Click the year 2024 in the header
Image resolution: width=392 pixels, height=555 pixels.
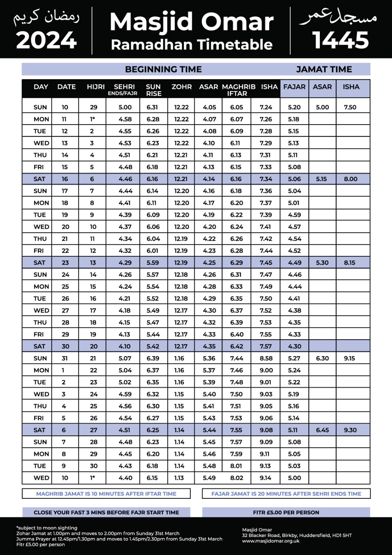(x=46, y=41)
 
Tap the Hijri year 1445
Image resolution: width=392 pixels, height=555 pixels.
(x=341, y=40)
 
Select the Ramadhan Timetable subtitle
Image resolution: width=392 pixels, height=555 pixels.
(x=191, y=45)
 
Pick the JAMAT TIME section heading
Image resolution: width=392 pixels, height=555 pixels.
(x=324, y=69)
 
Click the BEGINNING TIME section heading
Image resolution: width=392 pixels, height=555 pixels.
(x=163, y=69)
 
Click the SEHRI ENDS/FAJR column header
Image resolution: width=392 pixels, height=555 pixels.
(x=124, y=89)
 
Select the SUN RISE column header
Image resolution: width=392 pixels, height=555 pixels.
(x=153, y=90)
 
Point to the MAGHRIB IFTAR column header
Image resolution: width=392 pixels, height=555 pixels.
(x=238, y=90)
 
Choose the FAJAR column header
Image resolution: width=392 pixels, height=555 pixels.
(x=294, y=87)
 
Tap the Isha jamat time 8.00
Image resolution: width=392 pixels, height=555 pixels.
(x=350, y=179)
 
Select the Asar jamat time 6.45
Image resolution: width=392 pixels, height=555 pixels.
(x=322, y=430)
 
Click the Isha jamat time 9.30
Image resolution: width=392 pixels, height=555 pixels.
(x=350, y=430)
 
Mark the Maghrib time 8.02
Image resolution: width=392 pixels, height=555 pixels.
(x=237, y=478)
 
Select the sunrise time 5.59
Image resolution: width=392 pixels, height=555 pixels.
(x=153, y=263)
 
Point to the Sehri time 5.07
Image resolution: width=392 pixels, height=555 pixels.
(x=125, y=358)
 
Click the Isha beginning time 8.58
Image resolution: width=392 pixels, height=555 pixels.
(x=266, y=358)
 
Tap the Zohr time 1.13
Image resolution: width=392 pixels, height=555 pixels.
(x=179, y=478)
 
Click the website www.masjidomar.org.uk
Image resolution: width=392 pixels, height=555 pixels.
(x=271, y=541)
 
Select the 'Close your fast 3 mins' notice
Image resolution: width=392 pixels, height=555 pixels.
(x=106, y=512)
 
